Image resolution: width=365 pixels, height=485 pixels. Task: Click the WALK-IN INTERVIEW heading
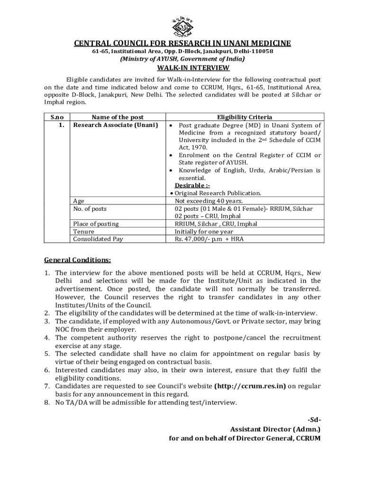tap(182, 68)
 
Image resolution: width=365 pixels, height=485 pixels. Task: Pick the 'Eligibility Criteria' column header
tap(245, 117)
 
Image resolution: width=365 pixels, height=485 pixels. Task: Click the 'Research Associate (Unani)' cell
tap(115, 125)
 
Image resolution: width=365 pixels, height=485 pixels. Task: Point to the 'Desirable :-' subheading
tap(192, 185)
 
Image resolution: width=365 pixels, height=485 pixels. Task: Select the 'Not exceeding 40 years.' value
tap(205, 201)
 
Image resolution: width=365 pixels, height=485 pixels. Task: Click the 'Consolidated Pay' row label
tap(98, 239)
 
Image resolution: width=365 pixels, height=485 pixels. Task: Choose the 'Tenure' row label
tap(83, 232)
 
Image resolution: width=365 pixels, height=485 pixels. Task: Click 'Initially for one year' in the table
tap(204, 232)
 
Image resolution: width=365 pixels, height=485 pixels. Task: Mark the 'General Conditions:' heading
tap(78, 260)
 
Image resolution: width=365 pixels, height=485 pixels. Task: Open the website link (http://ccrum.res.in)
tap(250, 386)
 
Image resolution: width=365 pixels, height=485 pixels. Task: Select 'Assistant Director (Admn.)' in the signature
tap(275, 429)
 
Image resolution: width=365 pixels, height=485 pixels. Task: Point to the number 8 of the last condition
tap(47, 403)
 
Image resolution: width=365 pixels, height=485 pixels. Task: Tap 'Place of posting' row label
tap(96, 224)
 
